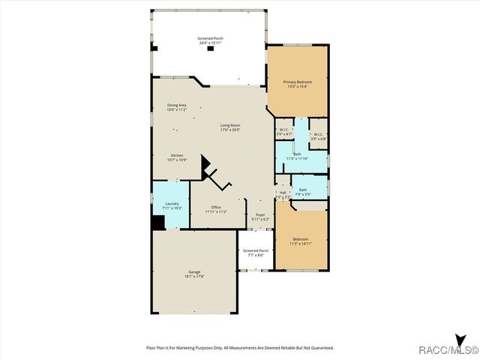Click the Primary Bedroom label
298,81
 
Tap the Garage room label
194,271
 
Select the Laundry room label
172,202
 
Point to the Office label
216,207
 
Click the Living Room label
230,124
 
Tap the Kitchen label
177,155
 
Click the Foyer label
260,214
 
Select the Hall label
283,193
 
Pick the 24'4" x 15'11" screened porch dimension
211,43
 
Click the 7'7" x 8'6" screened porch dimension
256,256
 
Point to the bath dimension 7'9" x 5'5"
302,194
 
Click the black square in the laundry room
158,223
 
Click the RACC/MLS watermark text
448,349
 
